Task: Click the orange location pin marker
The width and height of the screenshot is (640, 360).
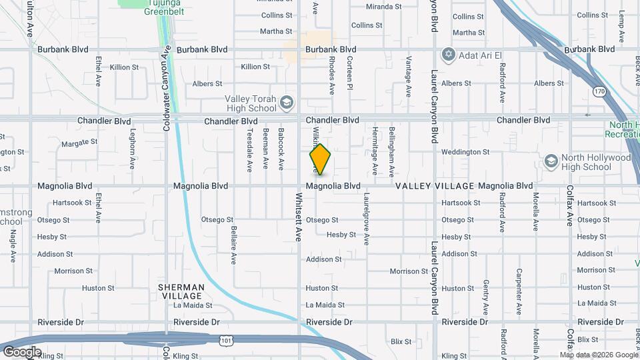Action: point(320,159)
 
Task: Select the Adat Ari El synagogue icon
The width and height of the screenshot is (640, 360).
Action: point(449,54)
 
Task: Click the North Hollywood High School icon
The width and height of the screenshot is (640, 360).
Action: point(551,161)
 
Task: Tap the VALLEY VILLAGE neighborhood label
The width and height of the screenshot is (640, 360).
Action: point(435,186)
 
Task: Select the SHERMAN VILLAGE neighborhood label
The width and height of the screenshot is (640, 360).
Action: point(181,291)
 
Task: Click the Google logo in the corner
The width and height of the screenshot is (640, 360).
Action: point(21,352)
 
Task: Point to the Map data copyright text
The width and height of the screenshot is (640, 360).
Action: point(598,354)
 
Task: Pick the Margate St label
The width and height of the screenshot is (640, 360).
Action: point(79,143)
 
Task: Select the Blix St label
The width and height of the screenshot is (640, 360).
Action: point(401,341)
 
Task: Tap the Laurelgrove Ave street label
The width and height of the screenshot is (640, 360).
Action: point(366,219)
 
